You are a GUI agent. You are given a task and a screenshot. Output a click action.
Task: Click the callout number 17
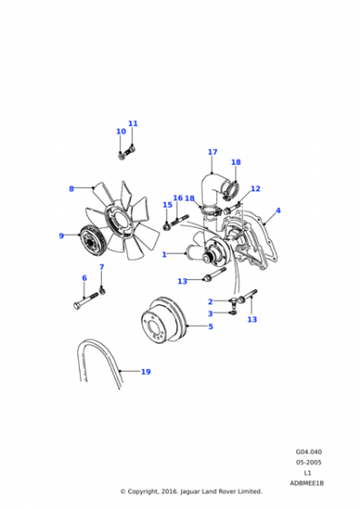click(x=213, y=152)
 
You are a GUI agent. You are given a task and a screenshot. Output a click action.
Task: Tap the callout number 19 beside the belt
click(x=145, y=372)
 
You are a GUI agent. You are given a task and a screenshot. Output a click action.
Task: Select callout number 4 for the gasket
click(x=278, y=210)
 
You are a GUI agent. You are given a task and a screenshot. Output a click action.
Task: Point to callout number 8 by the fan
click(x=72, y=189)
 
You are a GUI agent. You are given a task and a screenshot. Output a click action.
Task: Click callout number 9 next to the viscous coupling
click(x=61, y=235)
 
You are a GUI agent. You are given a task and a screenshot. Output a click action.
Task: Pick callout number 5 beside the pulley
click(x=211, y=326)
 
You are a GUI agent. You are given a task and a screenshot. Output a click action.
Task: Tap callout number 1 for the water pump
click(x=165, y=254)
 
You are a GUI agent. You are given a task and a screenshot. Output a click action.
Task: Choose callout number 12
click(x=255, y=189)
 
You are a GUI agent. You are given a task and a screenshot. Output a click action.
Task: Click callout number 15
click(x=167, y=205)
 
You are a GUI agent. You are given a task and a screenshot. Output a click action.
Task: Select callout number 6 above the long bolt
click(x=85, y=278)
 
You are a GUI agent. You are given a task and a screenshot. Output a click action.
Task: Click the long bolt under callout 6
click(x=85, y=301)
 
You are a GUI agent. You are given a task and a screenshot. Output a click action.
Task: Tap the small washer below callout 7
click(x=102, y=291)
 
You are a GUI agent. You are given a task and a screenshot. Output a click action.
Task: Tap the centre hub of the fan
click(x=119, y=222)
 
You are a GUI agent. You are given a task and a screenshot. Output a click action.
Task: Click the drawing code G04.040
click(x=309, y=452)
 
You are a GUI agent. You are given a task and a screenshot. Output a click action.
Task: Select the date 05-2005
click(x=308, y=463)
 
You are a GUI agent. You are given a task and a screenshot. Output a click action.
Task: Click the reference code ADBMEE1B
click(x=306, y=484)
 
